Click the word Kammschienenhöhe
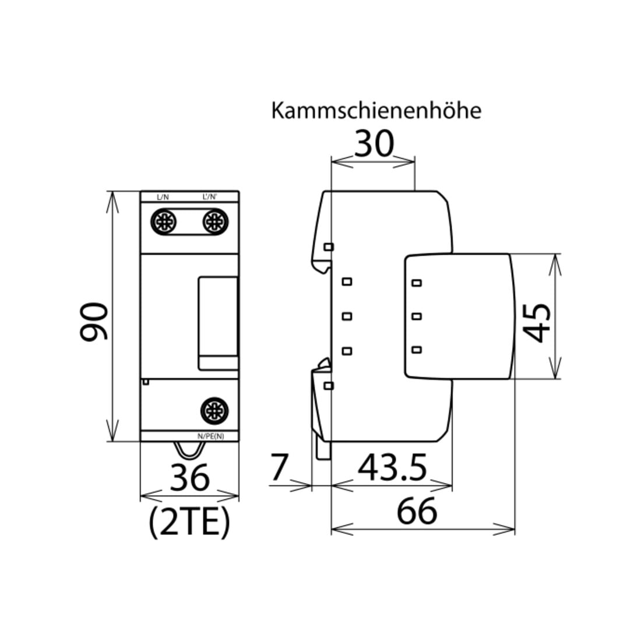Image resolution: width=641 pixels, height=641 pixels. (x=376, y=111)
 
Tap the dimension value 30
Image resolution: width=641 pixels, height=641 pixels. (x=374, y=144)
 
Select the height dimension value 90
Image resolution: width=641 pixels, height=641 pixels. (x=94, y=321)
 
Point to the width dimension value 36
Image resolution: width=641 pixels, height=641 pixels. (x=189, y=477)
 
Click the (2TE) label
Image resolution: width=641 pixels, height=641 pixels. (x=189, y=523)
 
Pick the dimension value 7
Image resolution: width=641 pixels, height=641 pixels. (x=280, y=467)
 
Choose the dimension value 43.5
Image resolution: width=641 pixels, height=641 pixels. (x=392, y=467)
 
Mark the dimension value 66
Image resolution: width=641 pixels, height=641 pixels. (x=417, y=511)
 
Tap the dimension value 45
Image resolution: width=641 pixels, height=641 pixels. (x=537, y=323)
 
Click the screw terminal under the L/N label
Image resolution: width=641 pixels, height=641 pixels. (x=164, y=222)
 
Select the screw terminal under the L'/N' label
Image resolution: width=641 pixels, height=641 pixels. (x=215, y=222)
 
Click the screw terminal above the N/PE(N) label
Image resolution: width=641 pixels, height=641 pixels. (x=214, y=410)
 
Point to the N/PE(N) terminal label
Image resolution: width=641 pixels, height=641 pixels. (x=211, y=436)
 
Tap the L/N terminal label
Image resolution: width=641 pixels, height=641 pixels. (x=163, y=197)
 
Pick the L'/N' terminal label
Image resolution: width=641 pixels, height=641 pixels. (x=210, y=197)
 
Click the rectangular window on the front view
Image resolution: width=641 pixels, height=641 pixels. (x=219, y=323)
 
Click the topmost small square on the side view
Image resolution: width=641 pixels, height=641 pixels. (x=329, y=247)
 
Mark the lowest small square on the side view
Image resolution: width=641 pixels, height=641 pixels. (x=329, y=386)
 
